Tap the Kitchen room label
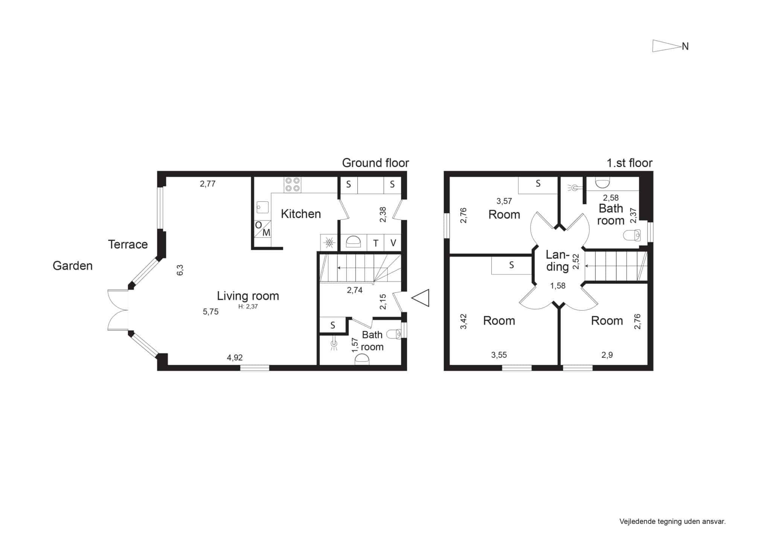[x=301, y=214]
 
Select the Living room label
[x=248, y=296]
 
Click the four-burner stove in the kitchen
[x=293, y=184]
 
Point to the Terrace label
[x=128, y=244]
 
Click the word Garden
[x=73, y=266]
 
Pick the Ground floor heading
[x=375, y=163]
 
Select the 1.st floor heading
[x=629, y=163]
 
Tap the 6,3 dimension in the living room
[x=180, y=270]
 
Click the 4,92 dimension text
[x=235, y=358]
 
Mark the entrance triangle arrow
[x=420, y=298]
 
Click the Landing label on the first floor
[x=557, y=261]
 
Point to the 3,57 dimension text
[x=504, y=201]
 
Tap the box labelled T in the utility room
[x=376, y=243]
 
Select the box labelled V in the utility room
[x=393, y=243]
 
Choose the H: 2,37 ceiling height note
[x=248, y=306]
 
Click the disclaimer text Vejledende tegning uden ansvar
[x=672, y=521]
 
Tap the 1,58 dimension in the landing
[x=558, y=286]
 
